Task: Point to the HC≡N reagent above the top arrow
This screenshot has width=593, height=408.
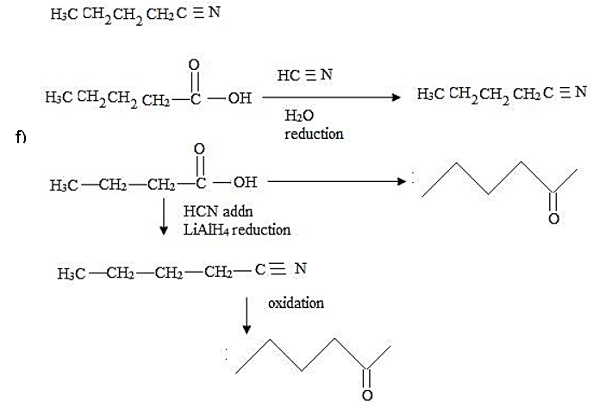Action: [304, 76]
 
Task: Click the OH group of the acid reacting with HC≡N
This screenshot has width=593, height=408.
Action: [240, 98]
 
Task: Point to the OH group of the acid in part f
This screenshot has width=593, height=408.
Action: [245, 183]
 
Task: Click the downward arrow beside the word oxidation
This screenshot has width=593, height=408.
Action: [247, 314]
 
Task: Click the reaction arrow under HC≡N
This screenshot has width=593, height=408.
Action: [327, 97]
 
